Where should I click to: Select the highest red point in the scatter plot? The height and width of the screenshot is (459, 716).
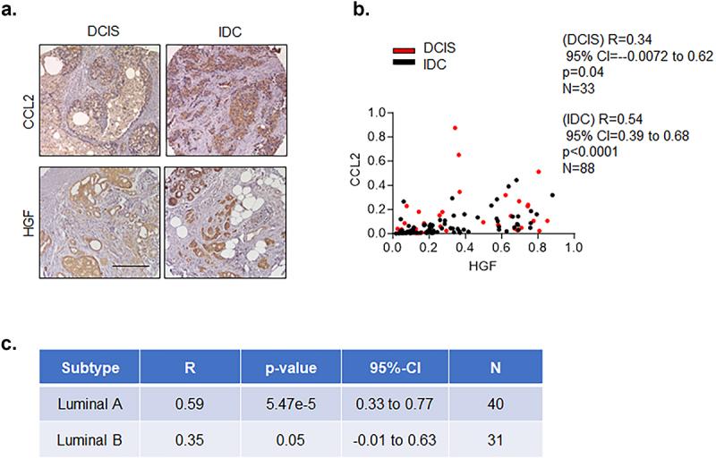pyautogui.click(x=455, y=128)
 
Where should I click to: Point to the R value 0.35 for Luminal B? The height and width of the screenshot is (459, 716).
pyautogui.click(x=190, y=439)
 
